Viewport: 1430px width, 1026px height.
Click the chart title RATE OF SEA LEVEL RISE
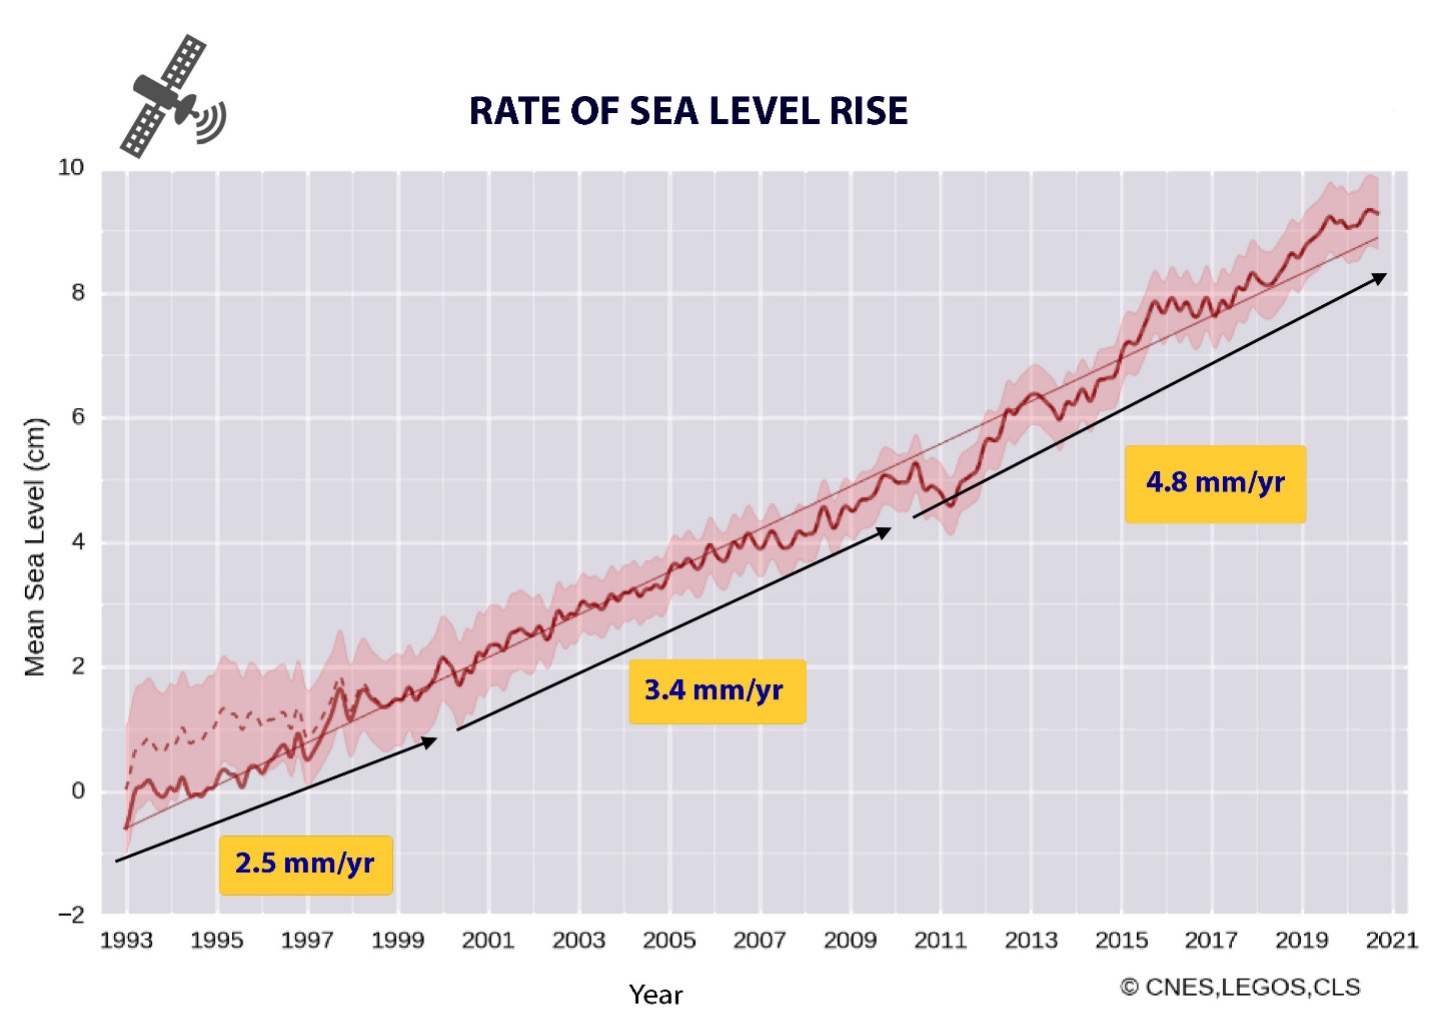point(688,111)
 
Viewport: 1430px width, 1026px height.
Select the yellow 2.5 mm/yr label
point(305,863)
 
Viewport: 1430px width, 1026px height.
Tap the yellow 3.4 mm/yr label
point(715,690)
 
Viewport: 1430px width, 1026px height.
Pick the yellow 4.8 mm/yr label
point(1214,483)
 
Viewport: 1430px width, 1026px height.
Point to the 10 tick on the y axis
point(71,167)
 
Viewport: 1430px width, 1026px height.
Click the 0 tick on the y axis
point(78,791)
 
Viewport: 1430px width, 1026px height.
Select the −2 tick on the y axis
point(71,915)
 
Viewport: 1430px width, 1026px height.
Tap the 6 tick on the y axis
point(78,417)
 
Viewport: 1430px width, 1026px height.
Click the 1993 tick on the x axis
point(126,940)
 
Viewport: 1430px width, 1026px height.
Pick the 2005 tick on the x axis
point(669,940)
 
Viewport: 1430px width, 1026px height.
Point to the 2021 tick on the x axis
point(1392,940)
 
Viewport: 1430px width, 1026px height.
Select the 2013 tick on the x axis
point(1031,940)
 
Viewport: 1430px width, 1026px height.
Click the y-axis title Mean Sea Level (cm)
point(36,546)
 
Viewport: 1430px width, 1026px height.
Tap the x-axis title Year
point(655,994)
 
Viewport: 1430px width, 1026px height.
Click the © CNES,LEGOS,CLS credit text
point(1239,987)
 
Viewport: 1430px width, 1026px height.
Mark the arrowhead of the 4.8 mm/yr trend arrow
point(1381,277)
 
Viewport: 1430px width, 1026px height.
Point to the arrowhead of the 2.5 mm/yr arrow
point(431,741)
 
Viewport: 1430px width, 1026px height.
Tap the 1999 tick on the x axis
point(397,940)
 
